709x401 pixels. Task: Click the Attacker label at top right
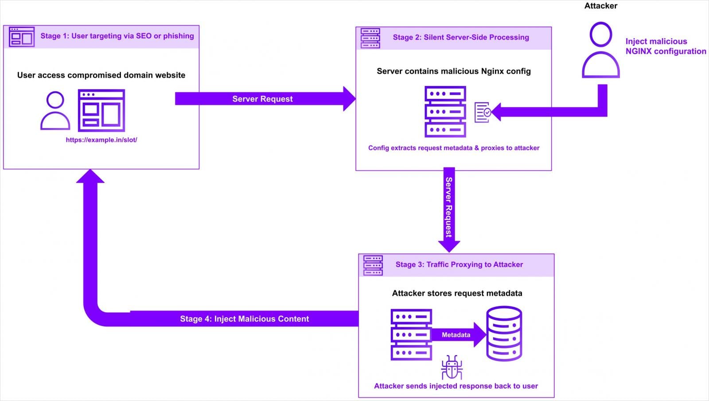point(600,6)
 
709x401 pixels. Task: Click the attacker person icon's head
point(601,34)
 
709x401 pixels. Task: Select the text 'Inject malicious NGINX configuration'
point(665,46)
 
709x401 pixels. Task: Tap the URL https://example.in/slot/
point(101,140)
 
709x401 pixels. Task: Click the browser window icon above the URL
point(101,110)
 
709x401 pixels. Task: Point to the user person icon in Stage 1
point(55,110)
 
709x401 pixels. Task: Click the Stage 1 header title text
point(117,36)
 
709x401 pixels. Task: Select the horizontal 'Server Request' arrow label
point(262,99)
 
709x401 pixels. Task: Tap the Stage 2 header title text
point(460,37)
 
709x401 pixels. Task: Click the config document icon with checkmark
point(483,112)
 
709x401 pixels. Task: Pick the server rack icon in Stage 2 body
point(445,112)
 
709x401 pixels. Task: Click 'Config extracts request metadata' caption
point(453,148)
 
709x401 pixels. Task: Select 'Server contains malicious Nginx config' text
point(453,71)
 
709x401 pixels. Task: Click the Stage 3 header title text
point(459,264)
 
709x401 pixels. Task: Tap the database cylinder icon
point(504,334)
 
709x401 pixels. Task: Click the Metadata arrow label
point(456,335)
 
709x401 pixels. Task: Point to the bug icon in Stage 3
point(452,367)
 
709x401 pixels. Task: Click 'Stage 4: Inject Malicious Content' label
point(244,318)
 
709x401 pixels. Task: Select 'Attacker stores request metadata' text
point(457,293)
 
